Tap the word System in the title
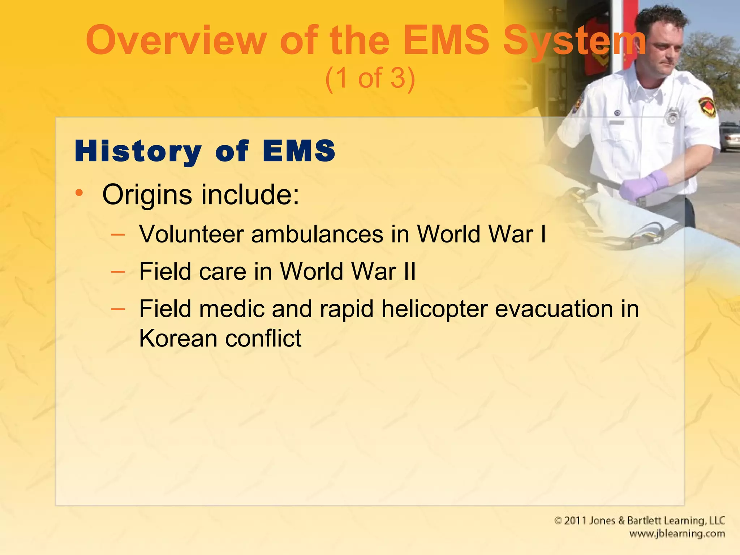[x=575, y=40]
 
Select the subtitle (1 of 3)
[x=370, y=78]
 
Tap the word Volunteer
[x=192, y=234]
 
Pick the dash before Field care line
[x=118, y=271]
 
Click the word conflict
[x=263, y=339]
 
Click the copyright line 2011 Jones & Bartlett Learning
[x=640, y=521]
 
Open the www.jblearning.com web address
[x=677, y=534]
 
